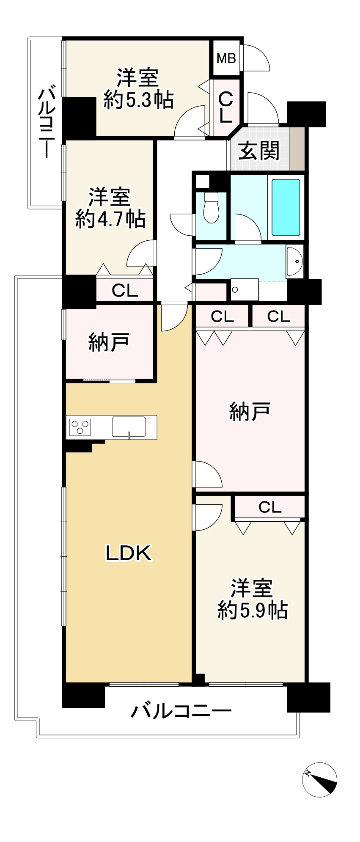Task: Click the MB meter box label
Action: click(226, 58)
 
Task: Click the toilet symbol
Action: click(211, 208)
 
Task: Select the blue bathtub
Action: click(286, 207)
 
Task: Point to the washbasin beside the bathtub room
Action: click(294, 261)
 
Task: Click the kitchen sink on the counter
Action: click(129, 426)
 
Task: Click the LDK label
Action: click(129, 553)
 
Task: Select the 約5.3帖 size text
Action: click(138, 101)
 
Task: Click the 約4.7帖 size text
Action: click(110, 219)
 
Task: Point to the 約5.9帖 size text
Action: click(253, 610)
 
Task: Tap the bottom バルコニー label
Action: click(181, 711)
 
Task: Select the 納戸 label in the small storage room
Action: click(109, 342)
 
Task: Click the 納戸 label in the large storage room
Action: click(250, 411)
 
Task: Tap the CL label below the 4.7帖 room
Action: click(125, 291)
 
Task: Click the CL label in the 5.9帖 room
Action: click(270, 507)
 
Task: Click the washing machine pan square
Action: click(244, 289)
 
